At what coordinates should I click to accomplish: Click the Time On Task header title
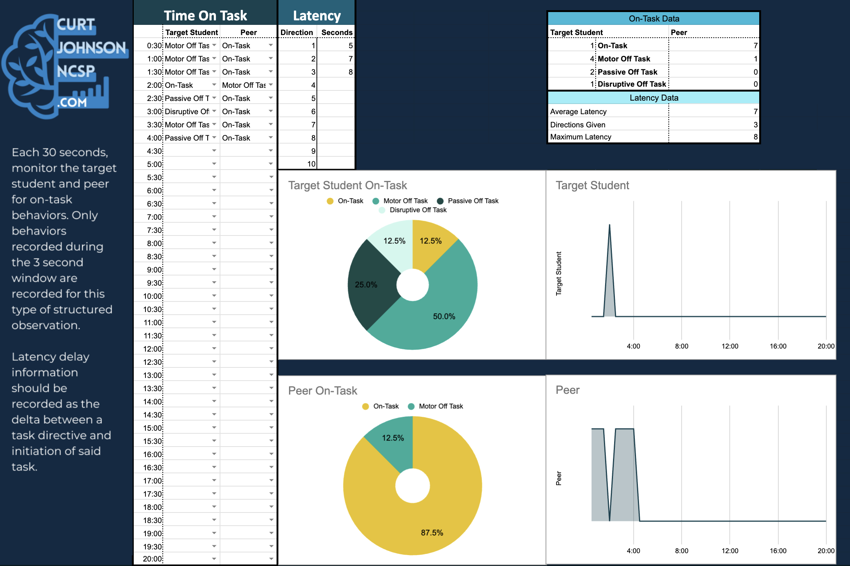205,15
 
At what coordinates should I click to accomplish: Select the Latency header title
317,15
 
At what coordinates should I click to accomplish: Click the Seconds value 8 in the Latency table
351,72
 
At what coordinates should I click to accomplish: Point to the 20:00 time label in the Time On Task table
153,559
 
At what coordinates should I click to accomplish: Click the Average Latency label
578,112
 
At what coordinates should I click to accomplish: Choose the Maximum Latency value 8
755,137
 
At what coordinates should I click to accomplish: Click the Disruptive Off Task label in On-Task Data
632,84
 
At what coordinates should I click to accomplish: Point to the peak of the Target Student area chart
610,225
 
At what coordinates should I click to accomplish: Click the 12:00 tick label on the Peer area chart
730,551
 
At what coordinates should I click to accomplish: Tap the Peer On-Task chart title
323,390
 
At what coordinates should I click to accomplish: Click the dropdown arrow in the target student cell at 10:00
214,296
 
